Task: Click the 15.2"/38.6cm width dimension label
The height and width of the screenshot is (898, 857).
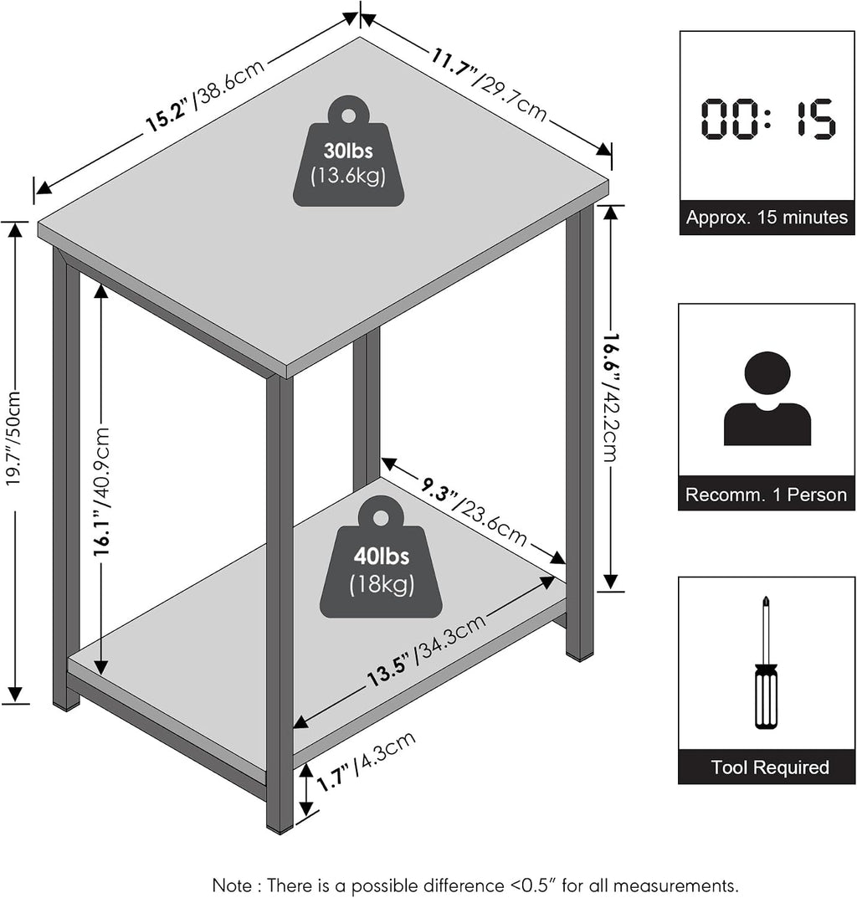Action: click(205, 95)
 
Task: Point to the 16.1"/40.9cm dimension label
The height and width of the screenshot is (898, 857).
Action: click(102, 490)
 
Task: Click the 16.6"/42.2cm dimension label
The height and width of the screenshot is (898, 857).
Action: click(611, 398)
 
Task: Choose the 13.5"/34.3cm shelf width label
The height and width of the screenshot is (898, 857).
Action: click(426, 649)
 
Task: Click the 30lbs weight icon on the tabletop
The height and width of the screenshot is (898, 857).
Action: click(348, 151)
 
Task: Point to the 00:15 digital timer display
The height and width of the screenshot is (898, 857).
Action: click(768, 119)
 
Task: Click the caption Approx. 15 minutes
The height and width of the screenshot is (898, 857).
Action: click(767, 218)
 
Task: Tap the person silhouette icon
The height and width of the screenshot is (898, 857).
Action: click(767, 398)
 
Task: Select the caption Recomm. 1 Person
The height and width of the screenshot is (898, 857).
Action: click(766, 495)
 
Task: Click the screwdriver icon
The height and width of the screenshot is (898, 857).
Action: click(766, 662)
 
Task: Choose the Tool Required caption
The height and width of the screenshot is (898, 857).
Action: click(770, 767)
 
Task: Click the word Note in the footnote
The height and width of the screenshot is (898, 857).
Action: click(232, 885)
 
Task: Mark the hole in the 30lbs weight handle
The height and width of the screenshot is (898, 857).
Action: click(348, 115)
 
